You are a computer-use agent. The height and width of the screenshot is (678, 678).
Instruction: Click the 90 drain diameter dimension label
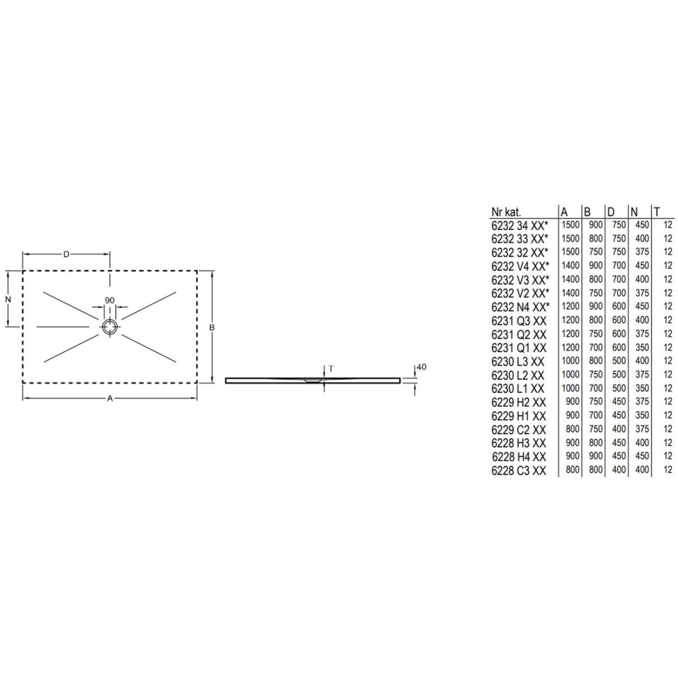point(110,300)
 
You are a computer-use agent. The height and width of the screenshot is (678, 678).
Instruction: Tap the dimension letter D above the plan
point(66,254)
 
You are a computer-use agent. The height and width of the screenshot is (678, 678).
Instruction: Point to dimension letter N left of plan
point(8,299)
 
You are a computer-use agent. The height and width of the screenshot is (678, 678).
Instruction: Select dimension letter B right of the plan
point(212,327)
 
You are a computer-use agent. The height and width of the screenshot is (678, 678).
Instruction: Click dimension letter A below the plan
point(110,398)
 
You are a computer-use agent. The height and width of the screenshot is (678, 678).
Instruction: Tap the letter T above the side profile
point(331,369)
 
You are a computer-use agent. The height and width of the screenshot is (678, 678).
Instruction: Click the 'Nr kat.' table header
point(506,212)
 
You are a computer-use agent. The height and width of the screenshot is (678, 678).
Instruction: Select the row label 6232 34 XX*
point(520,225)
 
